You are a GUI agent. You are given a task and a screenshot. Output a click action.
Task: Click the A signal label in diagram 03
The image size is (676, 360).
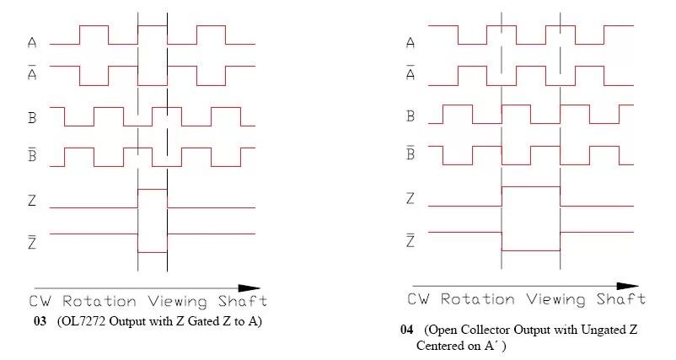point(32,42)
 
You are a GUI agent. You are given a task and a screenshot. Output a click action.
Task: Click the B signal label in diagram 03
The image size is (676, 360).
point(32,119)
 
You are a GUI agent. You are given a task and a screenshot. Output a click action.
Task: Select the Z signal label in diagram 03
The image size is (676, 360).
point(32,201)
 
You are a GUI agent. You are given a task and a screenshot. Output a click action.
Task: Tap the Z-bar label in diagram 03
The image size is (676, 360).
point(32,240)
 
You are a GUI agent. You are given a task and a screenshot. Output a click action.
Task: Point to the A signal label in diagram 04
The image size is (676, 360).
point(410,42)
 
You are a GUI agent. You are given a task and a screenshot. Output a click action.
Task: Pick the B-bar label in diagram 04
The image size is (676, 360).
point(410,153)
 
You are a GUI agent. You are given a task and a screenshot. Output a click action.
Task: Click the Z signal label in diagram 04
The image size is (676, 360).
point(410,199)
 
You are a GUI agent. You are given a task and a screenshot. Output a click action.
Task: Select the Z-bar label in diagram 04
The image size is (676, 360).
point(410,241)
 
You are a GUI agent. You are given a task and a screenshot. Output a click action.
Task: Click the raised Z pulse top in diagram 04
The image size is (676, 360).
point(530,186)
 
